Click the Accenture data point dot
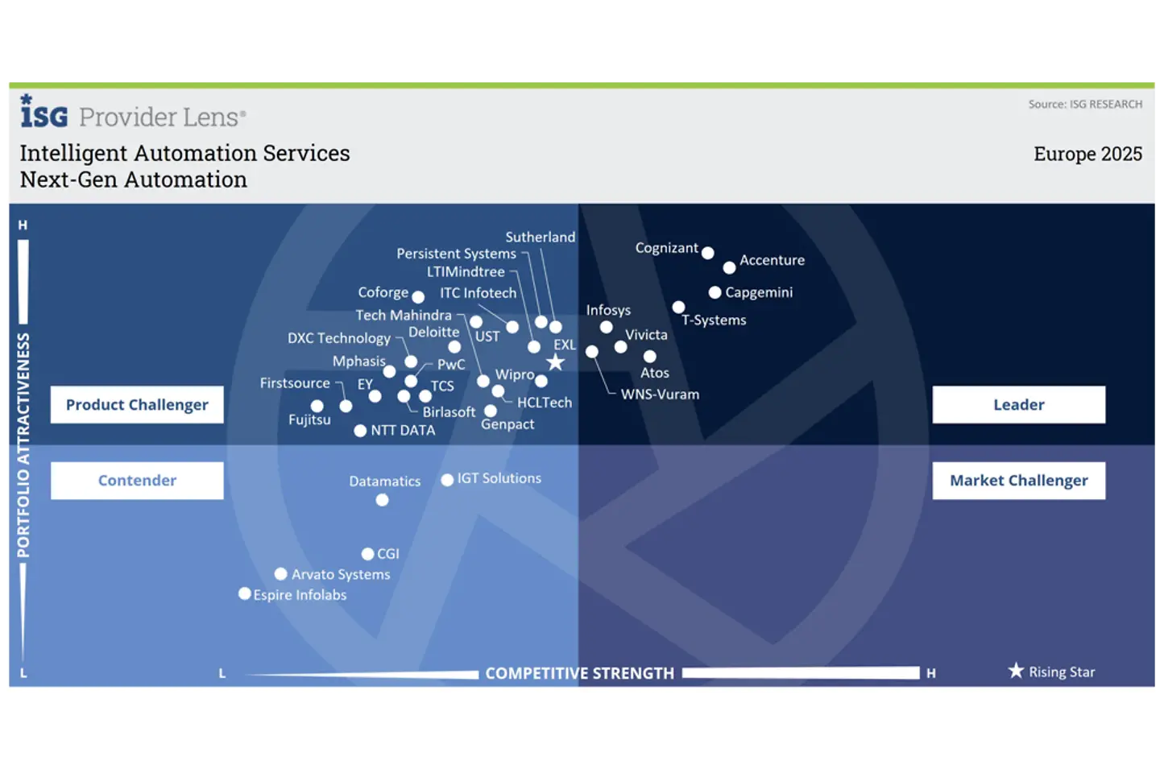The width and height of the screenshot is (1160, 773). point(729,267)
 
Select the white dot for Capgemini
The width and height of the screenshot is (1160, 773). point(715,292)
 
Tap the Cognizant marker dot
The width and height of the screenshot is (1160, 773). point(707,253)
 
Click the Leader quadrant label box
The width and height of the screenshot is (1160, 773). point(1018,404)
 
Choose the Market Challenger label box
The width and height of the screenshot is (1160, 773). point(1018,481)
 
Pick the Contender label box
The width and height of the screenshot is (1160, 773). point(137,481)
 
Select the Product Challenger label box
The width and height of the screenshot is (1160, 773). point(137,404)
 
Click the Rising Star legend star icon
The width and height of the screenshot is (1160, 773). point(1016,671)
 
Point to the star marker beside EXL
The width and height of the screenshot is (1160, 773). point(555,362)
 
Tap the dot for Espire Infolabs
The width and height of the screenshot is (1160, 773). point(245,593)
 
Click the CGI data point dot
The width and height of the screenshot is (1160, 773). point(367,554)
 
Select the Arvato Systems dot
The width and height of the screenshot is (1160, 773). point(280,574)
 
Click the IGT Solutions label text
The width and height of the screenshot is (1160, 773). point(499,478)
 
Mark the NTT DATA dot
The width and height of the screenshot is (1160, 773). point(360,431)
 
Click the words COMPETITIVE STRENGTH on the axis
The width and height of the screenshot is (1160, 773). point(579,673)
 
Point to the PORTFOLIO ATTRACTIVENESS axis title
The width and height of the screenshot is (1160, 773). point(23,444)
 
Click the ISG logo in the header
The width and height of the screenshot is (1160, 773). point(43,113)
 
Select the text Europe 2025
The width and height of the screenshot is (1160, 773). point(1087,154)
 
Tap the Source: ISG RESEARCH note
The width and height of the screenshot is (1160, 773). point(1085,104)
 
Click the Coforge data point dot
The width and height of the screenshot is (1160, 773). point(418,297)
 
